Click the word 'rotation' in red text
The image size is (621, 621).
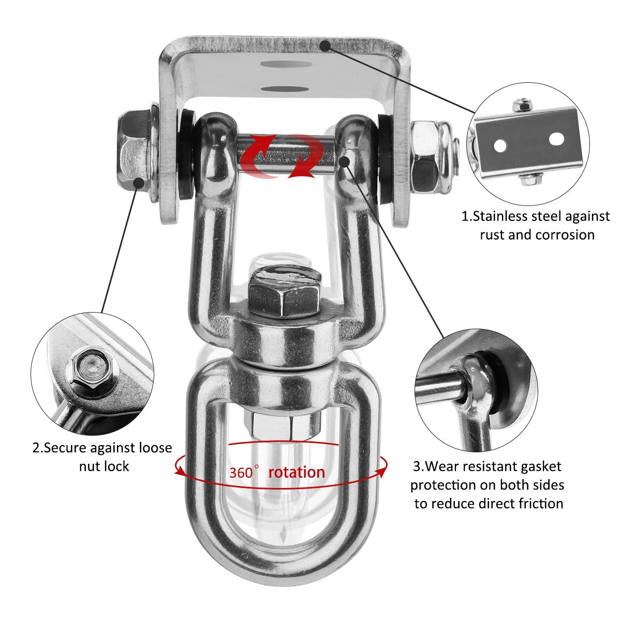pyautogui.click(x=297, y=473)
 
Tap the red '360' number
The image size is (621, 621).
pyautogui.click(x=241, y=473)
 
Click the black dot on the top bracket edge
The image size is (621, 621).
pyautogui.click(x=326, y=46)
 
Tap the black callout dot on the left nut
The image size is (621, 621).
pyautogui.click(x=139, y=183)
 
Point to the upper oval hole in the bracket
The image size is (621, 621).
pyautogui.click(x=286, y=64)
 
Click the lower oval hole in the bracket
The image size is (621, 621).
pyautogui.click(x=284, y=89)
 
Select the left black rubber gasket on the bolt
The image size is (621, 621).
pyautogui.click(x=186, y=155)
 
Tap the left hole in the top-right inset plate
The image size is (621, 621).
pyautogui.click(x=500, y=145)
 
